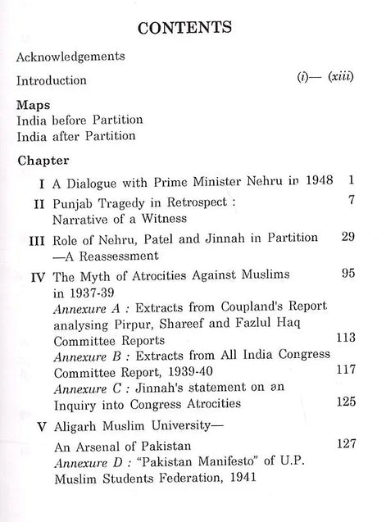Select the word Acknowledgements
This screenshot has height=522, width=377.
point(70,57)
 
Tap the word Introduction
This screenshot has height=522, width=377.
point(51,81)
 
